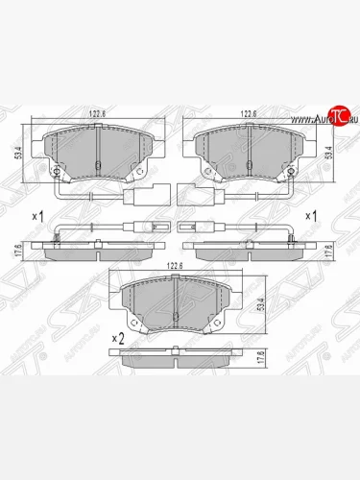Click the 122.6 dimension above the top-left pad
click(99, 113)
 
